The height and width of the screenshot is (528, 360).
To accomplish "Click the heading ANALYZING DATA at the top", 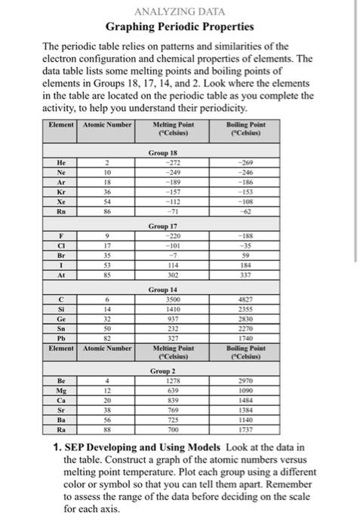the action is [x=179, y=12].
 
